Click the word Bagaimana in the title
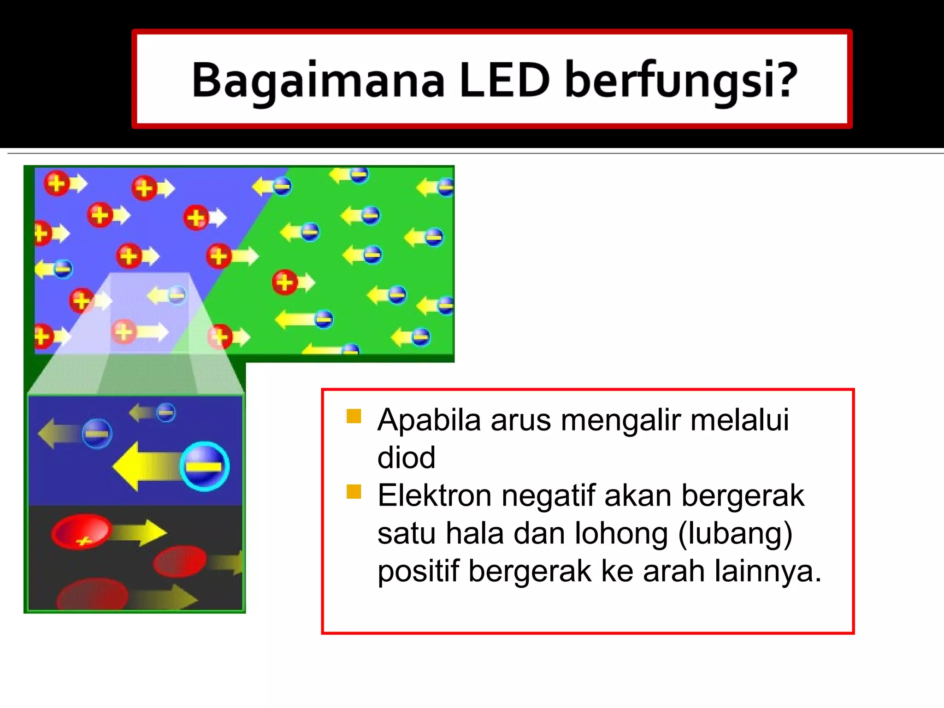pos(318,81)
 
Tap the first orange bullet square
pos(354,416)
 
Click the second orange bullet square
pos(354,491)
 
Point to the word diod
pos(406,458)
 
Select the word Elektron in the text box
pos(434,496)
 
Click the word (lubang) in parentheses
pos(735,534)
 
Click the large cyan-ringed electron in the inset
pos(204,466)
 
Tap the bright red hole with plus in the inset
pos(82,532)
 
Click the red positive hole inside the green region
pos(284,282)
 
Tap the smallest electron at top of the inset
pos(166,412)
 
